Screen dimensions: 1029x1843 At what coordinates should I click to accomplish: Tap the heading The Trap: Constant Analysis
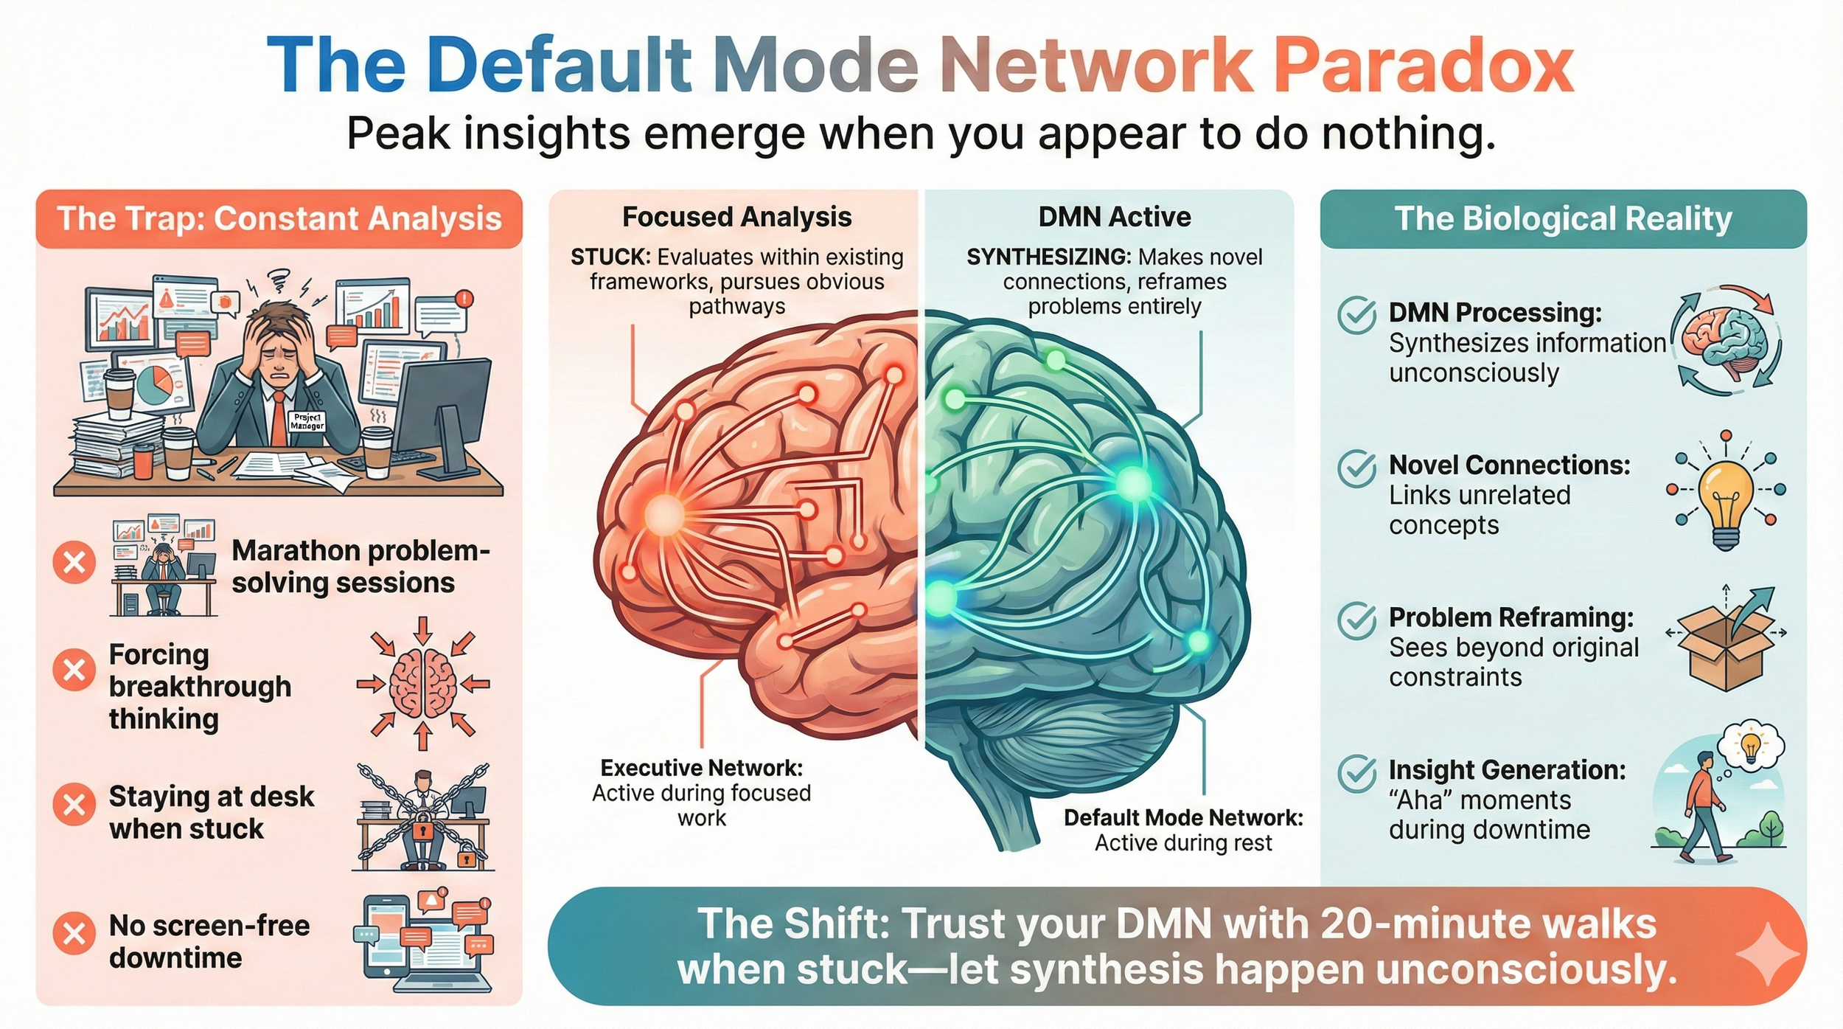coord(279,219)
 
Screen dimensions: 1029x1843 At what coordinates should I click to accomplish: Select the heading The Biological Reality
coord(1563,219)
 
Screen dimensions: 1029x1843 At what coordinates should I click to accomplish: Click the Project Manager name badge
coord(307,421)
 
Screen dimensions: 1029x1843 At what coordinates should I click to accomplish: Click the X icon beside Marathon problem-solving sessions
coord(74,563)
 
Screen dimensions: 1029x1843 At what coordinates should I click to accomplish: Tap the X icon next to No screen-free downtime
coord(74,933)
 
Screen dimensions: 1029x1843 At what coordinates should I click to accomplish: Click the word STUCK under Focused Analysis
coord(610,257)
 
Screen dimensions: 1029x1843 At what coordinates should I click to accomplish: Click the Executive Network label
coord(701,769)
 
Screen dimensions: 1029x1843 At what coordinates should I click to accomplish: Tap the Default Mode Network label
coord(1182,818)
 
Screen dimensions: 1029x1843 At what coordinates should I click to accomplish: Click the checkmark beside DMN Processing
coord(1356,316)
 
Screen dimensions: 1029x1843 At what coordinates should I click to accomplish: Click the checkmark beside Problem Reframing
coord(1356,620)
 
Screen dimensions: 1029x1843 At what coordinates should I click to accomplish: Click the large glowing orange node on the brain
coord(665,514)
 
